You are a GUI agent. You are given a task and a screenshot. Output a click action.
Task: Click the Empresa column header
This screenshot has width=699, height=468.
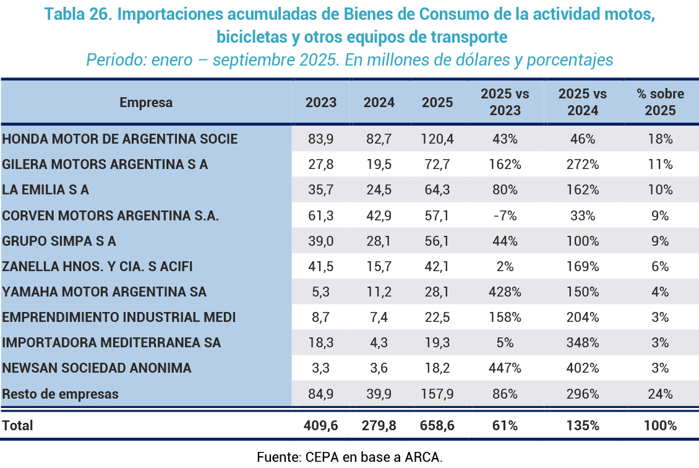pyautogui.click(x=146, y=103)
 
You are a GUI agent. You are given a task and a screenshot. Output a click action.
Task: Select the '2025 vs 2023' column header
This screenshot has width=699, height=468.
pyautogui.click(x=505, y=103)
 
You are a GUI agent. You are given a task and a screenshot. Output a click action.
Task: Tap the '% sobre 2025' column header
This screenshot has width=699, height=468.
pyautogui.click(x=660, y=103)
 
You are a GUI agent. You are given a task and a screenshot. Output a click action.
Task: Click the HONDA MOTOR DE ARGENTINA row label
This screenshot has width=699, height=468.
pyautogui.click(x=120, y=139)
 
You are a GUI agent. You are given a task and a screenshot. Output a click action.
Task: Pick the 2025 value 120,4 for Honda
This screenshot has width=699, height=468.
pyautogui.click(x=437, y=139)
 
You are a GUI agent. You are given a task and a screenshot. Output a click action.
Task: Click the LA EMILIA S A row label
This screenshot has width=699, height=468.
pyautogui.click(x=46, y=190)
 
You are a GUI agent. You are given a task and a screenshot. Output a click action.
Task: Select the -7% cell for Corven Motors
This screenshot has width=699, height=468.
pyautogui.click(x=505, y=215)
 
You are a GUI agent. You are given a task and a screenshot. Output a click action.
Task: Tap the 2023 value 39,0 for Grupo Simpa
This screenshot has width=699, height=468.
pyautogui.click(x=320, y=241)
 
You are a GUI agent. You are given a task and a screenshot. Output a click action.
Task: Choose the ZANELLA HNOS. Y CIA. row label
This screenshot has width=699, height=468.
pyautogui.click(x=98, y=267)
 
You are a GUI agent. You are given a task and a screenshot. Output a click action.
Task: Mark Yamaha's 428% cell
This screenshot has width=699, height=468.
pyautogui.click(x=505, y=292)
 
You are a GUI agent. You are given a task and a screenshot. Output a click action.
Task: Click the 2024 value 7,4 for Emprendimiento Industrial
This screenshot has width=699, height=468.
pyautogui.click(x=379, y=318)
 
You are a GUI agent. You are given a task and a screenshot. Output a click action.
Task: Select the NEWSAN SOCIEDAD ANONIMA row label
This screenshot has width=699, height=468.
pyautogui.click(x=96, y=368)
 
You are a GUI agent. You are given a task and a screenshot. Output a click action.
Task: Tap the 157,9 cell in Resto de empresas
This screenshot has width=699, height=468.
pyautogui.click(x=437, y=394)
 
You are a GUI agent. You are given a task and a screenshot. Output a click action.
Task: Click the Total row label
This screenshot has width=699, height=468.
pyautogui.click(x=18, y=426)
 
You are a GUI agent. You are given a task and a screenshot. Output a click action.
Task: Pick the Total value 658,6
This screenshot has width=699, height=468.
pyautogui.click(x=437, y=426)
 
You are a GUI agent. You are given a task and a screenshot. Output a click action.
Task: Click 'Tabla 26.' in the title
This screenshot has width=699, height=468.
pyautogui.click(x=79, y=15)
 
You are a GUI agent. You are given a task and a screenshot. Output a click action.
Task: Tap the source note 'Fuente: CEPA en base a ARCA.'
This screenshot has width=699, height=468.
pyautogui.click(x=349, y=457)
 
